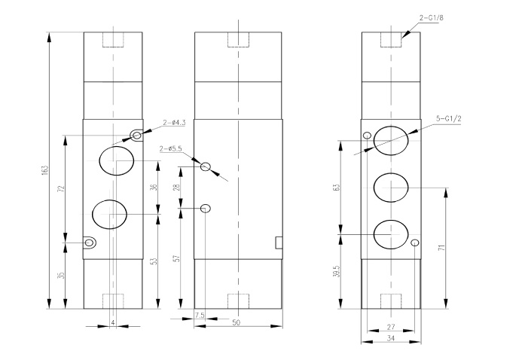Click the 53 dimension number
click(x=154, y=261)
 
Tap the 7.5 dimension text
click(x=200, y=314)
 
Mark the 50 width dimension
click(x=236, y=322)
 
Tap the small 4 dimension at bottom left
click(x=112, y=322)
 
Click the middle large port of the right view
click(x=391, y=186)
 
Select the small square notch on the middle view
click(x=278, y=242)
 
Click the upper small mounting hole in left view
click(x=136, y=136)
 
